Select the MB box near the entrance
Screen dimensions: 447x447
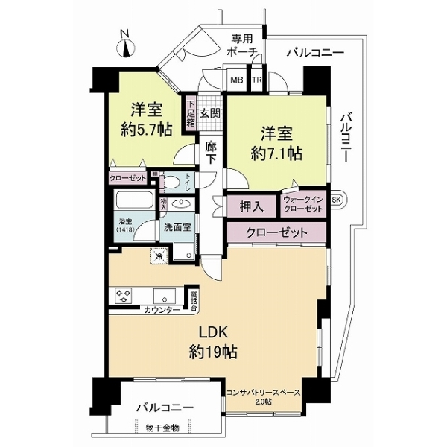236,80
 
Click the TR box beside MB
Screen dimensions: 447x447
256,80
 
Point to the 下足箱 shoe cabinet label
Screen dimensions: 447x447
191,113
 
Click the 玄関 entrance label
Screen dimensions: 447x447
210,113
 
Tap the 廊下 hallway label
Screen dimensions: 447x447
211,152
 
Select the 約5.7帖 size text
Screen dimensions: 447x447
146,130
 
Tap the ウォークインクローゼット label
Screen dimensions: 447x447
303,206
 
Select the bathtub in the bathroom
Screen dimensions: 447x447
134,203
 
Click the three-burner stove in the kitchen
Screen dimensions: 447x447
124,296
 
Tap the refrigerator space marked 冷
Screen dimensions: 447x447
158,256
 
